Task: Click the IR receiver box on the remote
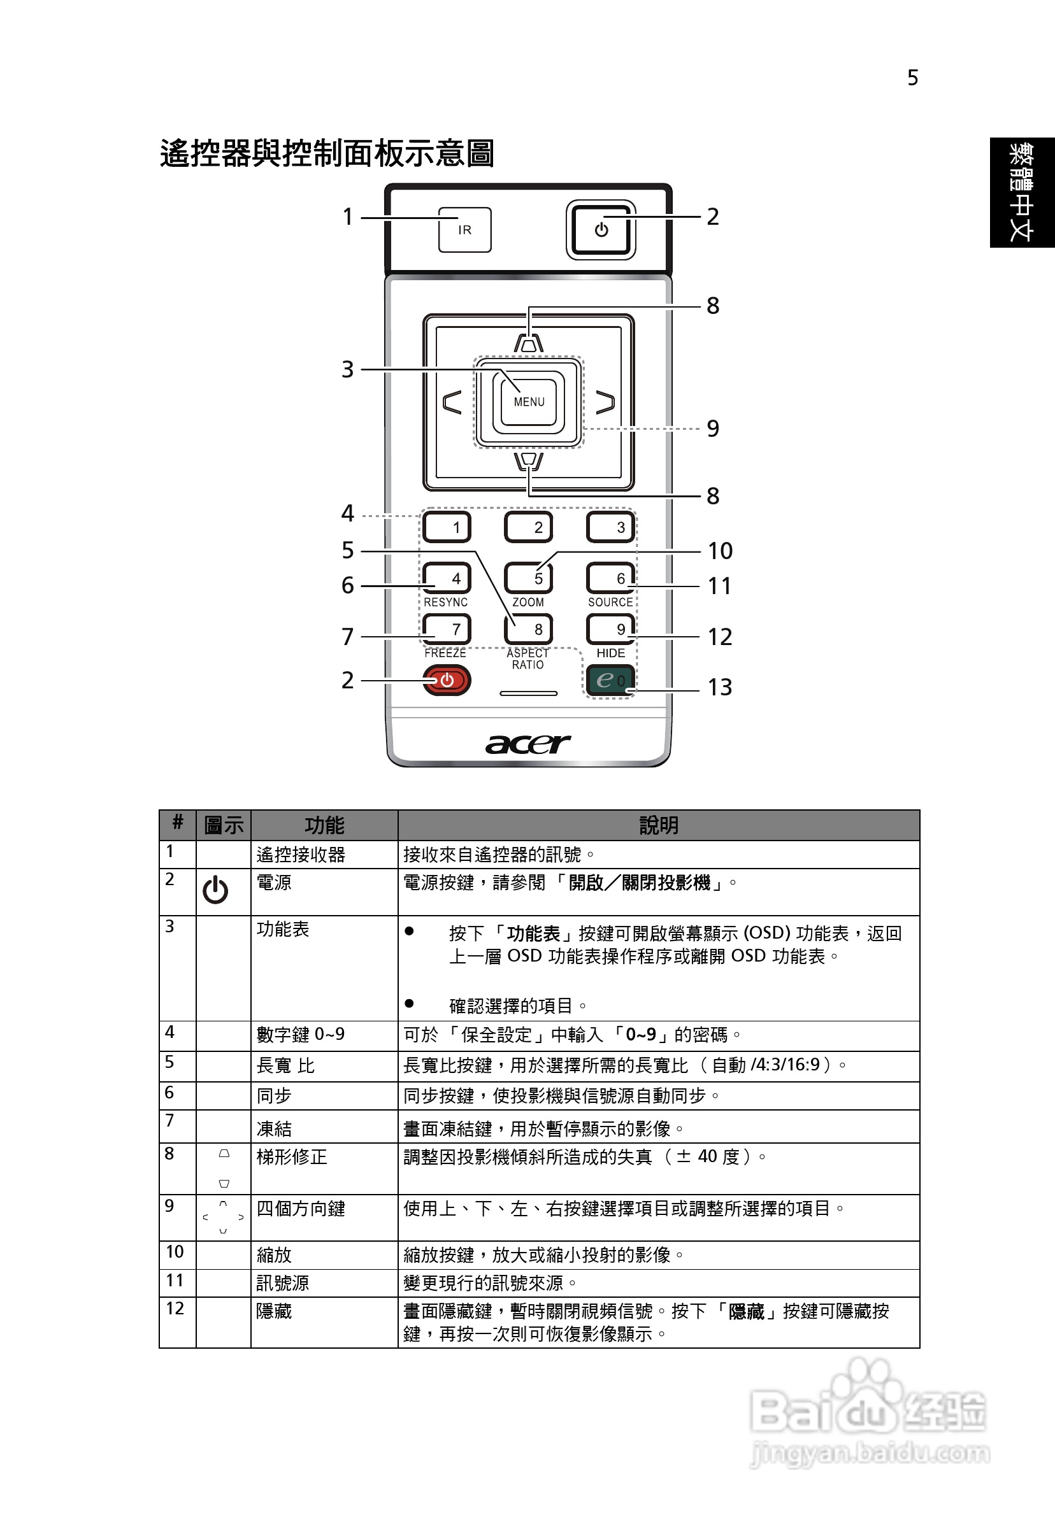465,229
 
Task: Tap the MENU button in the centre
529,401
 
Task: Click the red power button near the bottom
447,680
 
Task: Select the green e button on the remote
610,679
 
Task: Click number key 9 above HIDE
610,629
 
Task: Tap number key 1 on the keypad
447,527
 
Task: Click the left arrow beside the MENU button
452,401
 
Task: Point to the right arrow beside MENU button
605,401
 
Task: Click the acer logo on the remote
528,744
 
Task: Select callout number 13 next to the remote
719,687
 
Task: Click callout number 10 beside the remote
720,551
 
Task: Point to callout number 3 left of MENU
347,369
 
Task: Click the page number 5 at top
912,78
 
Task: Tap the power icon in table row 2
215,890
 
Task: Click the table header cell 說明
658,825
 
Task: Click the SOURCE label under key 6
610,602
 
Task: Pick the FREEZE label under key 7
445,652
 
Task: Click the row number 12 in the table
175,1308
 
